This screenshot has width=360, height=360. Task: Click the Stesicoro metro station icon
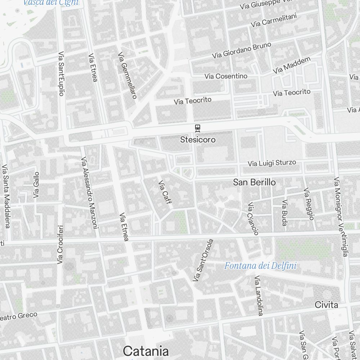tap(197, 128)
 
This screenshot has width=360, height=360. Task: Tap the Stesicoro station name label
tap(198, 139)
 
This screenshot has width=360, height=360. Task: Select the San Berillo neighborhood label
tap(255, 183)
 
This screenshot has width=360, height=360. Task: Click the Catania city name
tap(146, 351)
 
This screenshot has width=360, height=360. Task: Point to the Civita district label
tap(327, 305)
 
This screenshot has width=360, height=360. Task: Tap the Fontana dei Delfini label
tap(260, 266)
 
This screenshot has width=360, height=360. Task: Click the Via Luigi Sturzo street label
tap(272, 163)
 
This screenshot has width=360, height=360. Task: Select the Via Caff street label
tap(165, 192)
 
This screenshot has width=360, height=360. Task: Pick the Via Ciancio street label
tap(253, 219)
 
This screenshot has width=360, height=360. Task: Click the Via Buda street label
tap(285, 213)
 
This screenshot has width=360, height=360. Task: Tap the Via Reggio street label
tap(309, 204)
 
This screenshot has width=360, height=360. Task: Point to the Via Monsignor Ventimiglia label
tap(341, 217)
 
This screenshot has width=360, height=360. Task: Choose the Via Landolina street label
tap(259, 296)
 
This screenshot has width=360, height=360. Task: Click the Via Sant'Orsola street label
tap(203, 260)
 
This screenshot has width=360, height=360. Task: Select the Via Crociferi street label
tap(60, 244)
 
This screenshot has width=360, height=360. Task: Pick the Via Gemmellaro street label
tap(128, 76)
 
